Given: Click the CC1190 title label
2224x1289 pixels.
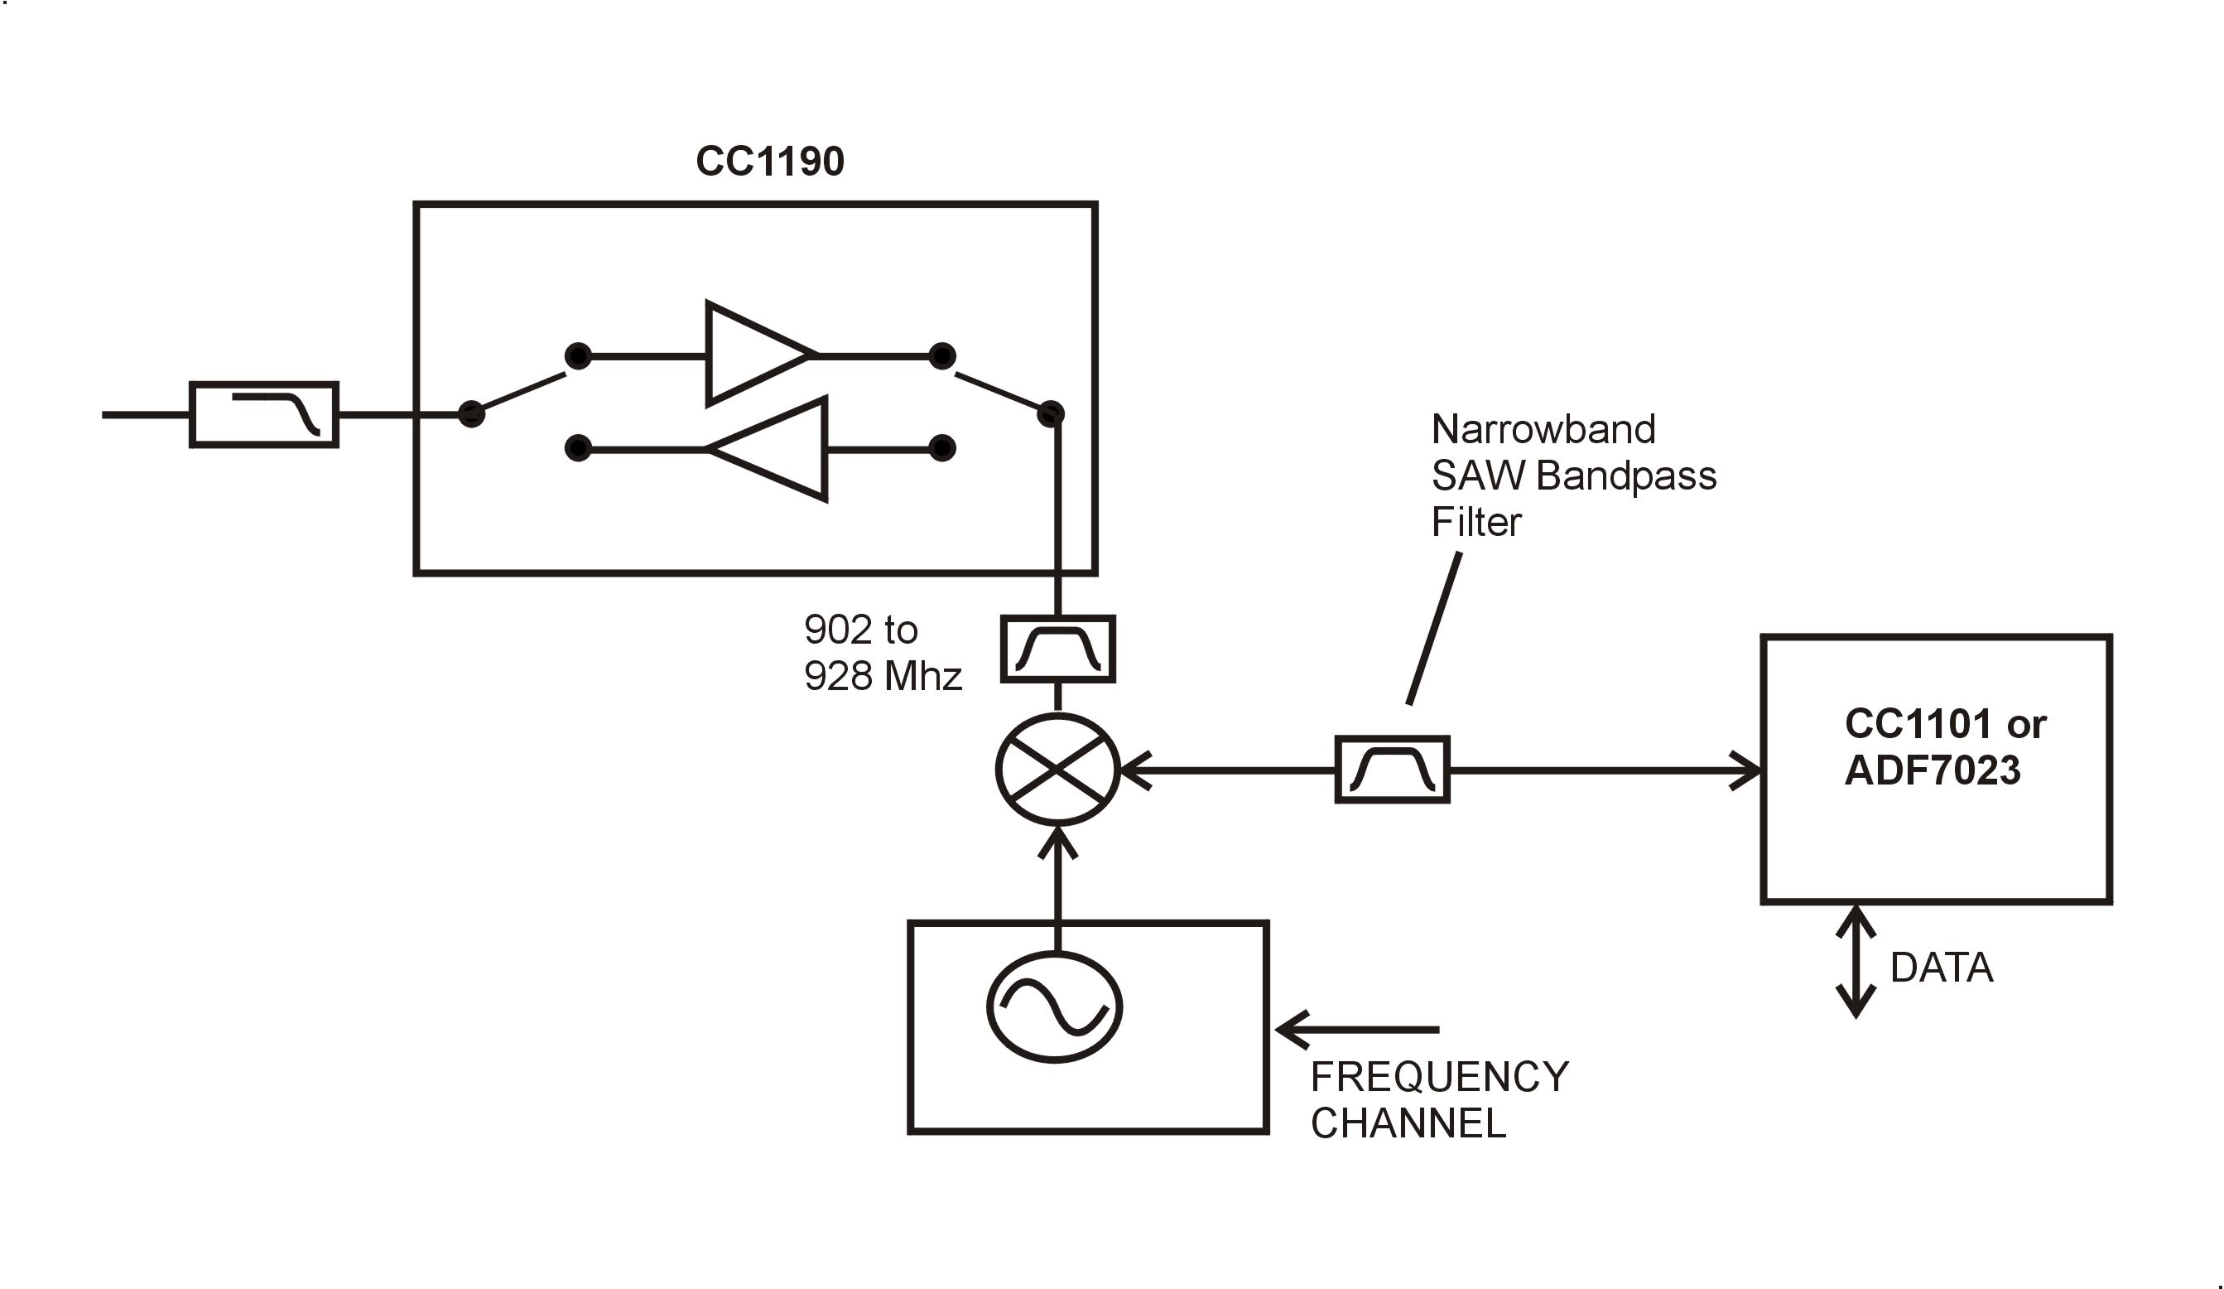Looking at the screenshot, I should pyautogui.click(x=769, y=162).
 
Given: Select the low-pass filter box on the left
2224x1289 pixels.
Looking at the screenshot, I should pyautogui.click(x=264, y=415).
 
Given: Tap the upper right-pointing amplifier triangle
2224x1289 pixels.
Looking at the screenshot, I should pyautogui.click(x=754, y=354).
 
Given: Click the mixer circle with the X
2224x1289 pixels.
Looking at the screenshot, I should pyautogui.click(x=1057, y=770).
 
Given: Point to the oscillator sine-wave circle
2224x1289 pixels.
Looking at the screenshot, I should pyautogui.click(x=1054, y=1007).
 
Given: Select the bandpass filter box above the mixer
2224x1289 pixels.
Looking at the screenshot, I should pyautogui.click(x=1057, y=649).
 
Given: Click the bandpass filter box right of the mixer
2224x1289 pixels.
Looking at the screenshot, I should pyautogui.click(x=1392, y=770).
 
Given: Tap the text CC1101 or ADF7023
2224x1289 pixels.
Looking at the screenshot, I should pyautogui.click(x=1944, y=747).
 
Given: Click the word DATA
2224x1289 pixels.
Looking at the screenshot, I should pyautogui.click(x=1942, y=968).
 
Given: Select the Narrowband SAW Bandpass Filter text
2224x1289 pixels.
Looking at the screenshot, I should pyautogui.click(x=1573, y=476).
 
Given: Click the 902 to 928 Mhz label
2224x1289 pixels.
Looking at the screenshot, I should pyautogui.click(x=882, y=654).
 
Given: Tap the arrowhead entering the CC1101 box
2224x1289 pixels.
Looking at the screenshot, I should pyautogui.click(x=1745, y=770).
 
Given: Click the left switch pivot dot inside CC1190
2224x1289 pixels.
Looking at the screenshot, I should pyautogui.click(x=472, y=413).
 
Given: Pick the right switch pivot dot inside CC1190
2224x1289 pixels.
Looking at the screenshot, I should pyautogui.click(x=1050, y=413).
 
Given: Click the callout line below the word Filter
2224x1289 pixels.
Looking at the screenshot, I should pyautogui.click(x=1434, y=629).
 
